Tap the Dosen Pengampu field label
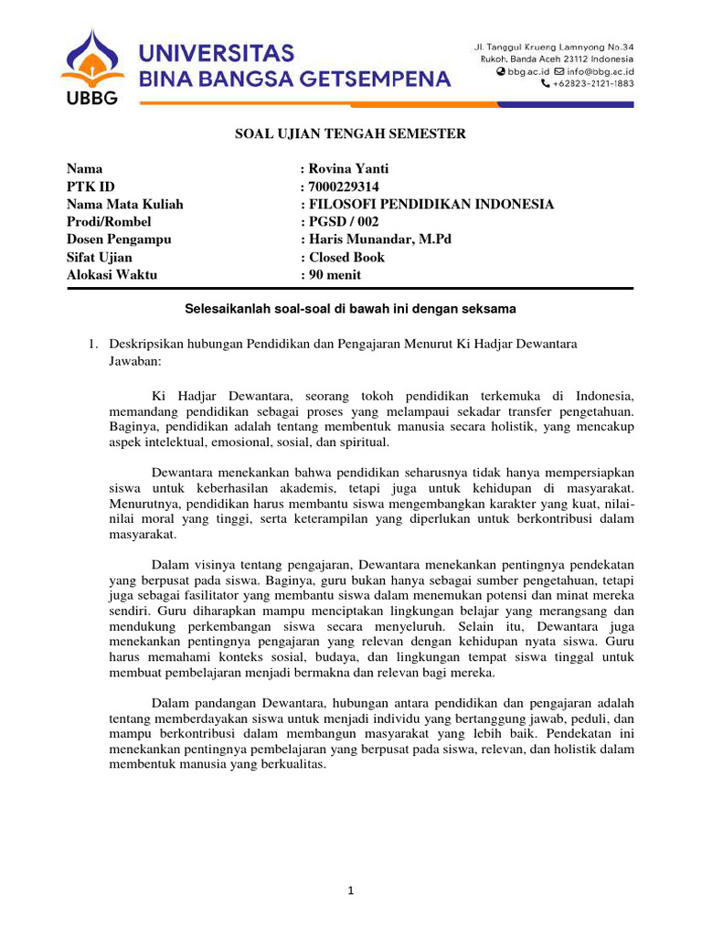[x=119, y=239]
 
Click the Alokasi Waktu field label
[x=112, y=274]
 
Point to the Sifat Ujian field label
[x=100, y=257]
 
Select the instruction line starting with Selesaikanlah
[x=351, y=309]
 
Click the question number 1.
[x=92, y=343]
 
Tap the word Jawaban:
[x=134, y=361]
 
